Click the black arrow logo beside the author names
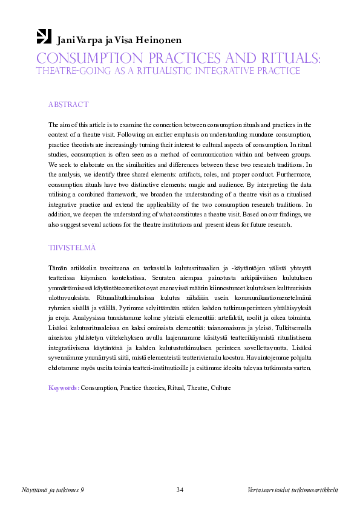(x=44, y=36)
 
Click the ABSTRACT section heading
(x=68, y=105)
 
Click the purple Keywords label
(x=64, y=387)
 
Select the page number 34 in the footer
(x=180, y=489)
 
